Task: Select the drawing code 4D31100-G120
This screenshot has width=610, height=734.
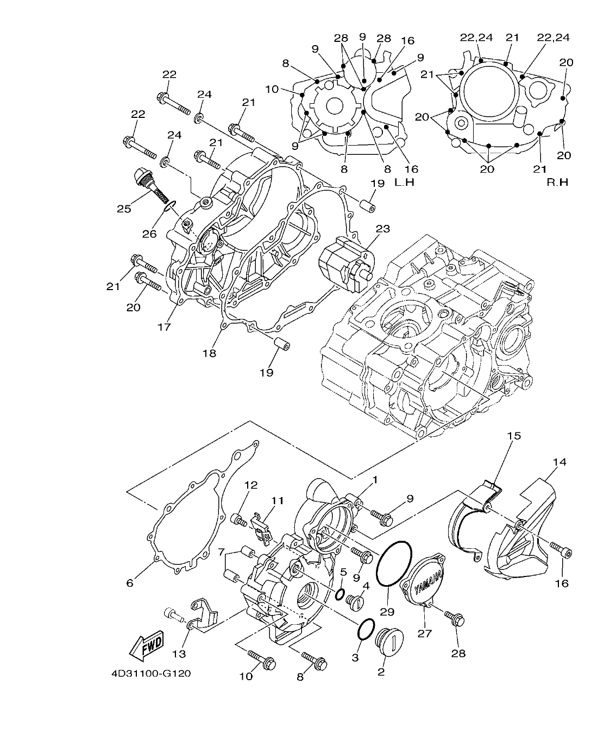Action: pos(151,674)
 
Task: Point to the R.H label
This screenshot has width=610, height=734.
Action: pos(557,182)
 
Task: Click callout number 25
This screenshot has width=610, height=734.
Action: pos(124,208)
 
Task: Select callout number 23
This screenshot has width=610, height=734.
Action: pos(382,229)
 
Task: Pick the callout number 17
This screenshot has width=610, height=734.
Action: pos(164,327)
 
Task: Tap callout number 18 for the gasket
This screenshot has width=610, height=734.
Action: pos(209,353)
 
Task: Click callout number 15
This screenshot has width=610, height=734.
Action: pos(514,436)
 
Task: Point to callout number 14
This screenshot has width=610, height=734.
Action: pos(559,462)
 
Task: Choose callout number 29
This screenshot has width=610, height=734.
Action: pos(387,612)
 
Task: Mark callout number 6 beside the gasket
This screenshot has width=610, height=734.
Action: pos(129,583)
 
